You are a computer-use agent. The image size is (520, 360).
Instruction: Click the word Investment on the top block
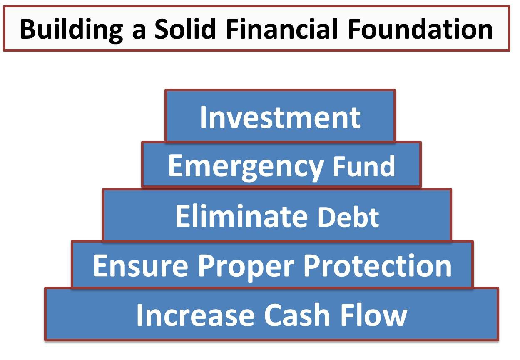click(x=280, y=117)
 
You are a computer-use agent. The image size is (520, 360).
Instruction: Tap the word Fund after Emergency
click(x=363, y=166)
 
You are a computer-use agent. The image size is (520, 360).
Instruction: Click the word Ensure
click(x=141, y=265)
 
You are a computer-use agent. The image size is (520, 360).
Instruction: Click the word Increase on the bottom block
click(x=195, y=315)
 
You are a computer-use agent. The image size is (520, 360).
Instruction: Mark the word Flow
click(x=374, y=315)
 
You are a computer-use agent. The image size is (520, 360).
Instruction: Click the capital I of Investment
click(x=203, y=117)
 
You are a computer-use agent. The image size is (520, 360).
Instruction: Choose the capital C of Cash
click(x=274, y=315)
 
